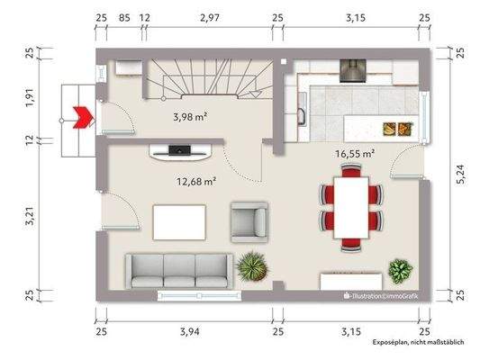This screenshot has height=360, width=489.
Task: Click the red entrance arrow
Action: click(x=84, y=114)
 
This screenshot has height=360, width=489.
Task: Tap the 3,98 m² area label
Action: click(x=191, y=116)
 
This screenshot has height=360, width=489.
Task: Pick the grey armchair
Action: click(x=249, y=221)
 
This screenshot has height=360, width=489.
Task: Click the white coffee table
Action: click(x=179, y=221)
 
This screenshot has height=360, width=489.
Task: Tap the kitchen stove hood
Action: click(x=350, y=70)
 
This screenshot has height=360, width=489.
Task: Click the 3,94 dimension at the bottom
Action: click(x=189, y=332)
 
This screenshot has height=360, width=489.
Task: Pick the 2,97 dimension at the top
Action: click(x=212, y=16)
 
